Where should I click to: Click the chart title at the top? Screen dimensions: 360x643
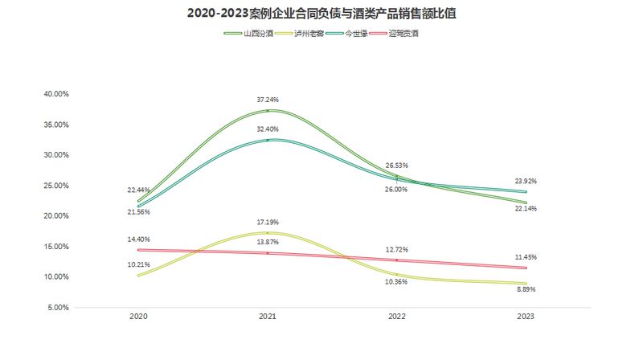(x=321, y=14)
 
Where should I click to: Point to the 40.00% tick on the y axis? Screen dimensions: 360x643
(x=56, y=94)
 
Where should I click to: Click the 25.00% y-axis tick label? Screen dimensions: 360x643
(x=56, y=186)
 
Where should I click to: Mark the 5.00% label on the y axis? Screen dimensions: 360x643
(x=58, y=307)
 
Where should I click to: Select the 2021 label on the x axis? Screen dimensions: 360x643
(x=268, y=317)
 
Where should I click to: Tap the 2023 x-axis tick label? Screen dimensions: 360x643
(x=526, y=317)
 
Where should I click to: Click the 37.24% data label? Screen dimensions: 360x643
(x=268, y=100)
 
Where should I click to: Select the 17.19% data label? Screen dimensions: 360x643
(x=268, y=222)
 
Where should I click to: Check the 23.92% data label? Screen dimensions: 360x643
(x=525, y=182)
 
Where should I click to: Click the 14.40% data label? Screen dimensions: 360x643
(x=138, y=239)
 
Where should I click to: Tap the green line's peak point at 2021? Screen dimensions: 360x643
(x=268, y=110)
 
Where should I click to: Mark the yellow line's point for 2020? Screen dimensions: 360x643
(x=138, y=276)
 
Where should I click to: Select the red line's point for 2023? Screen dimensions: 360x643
(x=526, y=268)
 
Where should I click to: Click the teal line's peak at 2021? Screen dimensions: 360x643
(x=268, y=140)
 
